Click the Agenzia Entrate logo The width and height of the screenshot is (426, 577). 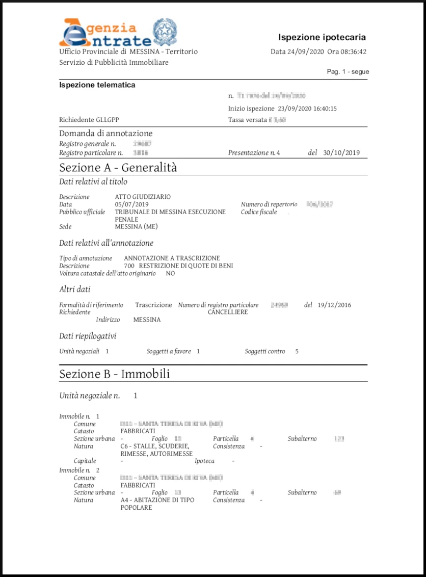coord(104,33)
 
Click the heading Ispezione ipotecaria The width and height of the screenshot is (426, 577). coord(322,37)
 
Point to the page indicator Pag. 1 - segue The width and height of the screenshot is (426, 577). coord(348,72)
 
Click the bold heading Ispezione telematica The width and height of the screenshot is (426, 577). coord(97,85)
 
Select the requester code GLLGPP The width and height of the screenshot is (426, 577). coord(107,120)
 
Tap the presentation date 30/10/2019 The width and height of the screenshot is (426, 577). coord(341,152)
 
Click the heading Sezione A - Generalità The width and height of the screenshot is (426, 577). coord(118,167)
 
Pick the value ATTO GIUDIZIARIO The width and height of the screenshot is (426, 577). coord(143,197)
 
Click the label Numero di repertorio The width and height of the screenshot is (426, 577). coord(269,204)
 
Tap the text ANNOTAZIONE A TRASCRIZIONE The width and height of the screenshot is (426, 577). coord(172,258)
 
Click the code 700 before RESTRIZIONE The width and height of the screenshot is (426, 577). coord(129,266)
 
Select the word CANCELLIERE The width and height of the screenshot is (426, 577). coord(228,312)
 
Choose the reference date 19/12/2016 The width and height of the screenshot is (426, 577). coord(334,305)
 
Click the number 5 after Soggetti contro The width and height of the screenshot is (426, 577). coord(297,351)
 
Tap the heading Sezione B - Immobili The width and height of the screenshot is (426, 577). coord(115,374)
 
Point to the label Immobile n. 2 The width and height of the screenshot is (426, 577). coord(79,470)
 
